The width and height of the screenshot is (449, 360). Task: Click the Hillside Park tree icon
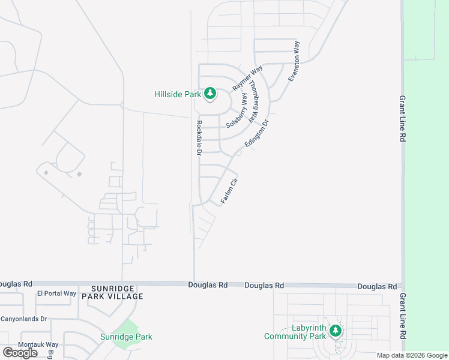tap(210, 94)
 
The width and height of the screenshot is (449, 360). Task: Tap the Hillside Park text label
tap(178, 94)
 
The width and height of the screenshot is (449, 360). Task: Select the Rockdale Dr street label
tap(199, 139)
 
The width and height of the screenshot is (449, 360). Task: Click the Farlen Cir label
tap(229, 190)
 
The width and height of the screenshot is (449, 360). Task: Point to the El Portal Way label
tap(57, 293)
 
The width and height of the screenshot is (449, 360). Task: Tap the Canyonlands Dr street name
tap(23, 319)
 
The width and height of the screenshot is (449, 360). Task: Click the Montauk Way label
tap(38, 344)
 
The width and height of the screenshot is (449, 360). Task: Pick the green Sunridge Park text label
tap(126, 337)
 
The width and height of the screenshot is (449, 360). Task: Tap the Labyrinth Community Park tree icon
tap(336, 331)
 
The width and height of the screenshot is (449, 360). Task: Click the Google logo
tap(20, 353)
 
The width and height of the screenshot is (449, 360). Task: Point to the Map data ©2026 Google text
tap(412, 355)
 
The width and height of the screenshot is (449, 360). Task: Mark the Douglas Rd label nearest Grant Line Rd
tap(377, 287)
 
